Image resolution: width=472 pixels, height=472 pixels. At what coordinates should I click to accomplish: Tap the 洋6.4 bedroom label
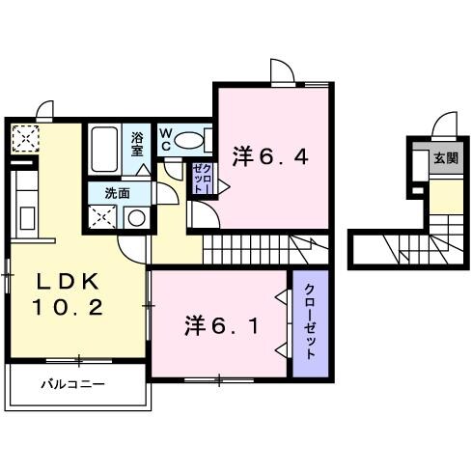pos(270,154)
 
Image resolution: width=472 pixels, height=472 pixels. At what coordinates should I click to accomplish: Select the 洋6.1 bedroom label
pos(221,325)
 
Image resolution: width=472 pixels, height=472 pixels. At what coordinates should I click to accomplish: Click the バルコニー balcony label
pos(72,384)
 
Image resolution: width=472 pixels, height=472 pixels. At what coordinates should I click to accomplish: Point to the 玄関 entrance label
pos(445,158)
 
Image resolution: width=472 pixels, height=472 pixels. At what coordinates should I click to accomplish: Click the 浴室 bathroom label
pos(137,144)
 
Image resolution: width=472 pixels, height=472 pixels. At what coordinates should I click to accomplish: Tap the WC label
pos(165,140)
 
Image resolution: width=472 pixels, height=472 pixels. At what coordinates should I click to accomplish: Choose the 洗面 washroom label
pos(117,192)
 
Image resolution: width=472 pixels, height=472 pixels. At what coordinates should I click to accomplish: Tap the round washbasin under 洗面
pos(136,216)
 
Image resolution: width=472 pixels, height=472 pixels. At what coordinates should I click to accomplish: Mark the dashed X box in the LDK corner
pos(23,140)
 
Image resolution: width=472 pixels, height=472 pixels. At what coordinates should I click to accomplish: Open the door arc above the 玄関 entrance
pos(443,126)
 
